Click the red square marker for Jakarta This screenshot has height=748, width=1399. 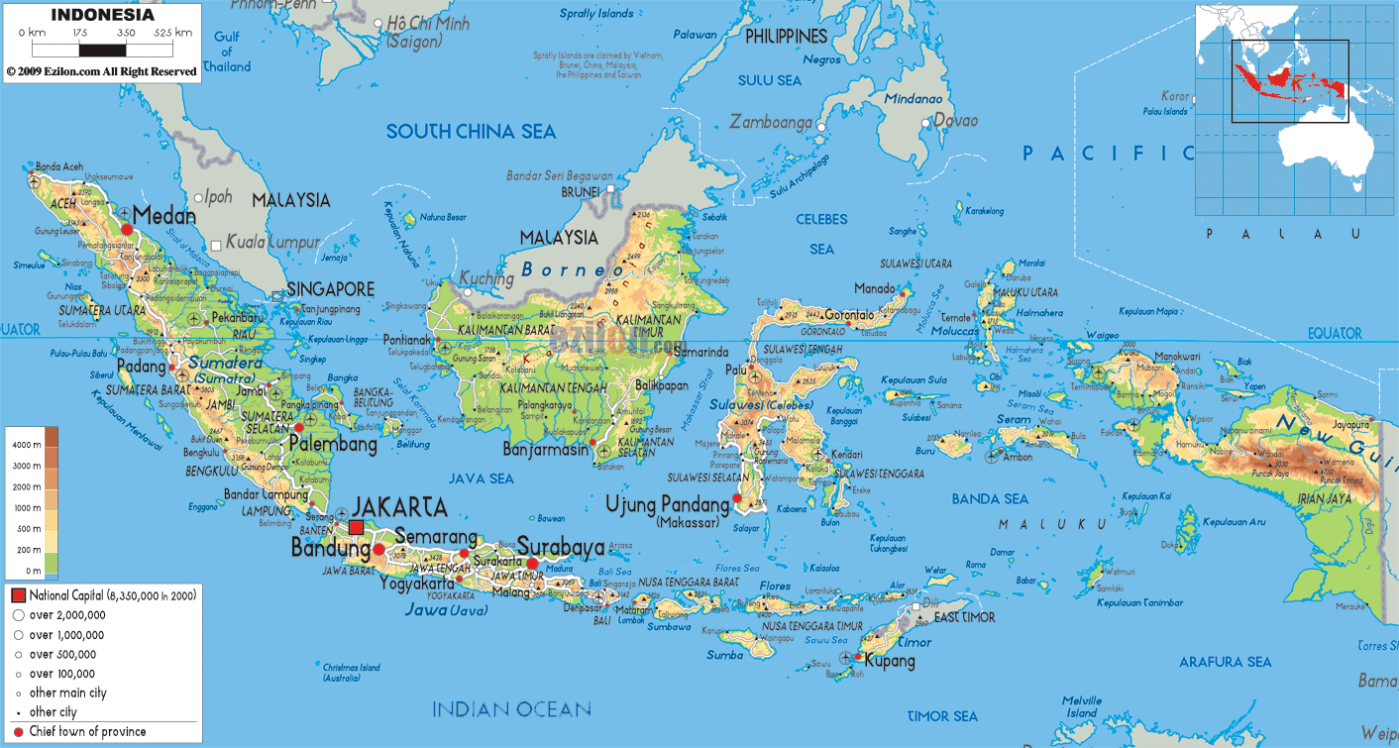coord(356,527)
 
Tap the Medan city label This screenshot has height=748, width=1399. coord(163,215)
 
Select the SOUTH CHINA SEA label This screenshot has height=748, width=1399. coord(471,132)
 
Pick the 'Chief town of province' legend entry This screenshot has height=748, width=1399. coord(87,731)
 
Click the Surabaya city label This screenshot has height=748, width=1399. coord(561,546)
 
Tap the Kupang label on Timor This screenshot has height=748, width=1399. coord(890,661)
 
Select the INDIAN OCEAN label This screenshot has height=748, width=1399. coord(511,708)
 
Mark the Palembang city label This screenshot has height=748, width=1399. coord(333,444)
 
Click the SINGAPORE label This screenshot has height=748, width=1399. coord(330,289)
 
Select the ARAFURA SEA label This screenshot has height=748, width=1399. coord(1225,662)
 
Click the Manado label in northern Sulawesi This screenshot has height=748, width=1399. coord(874,288)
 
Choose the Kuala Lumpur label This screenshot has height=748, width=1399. coord(272,242)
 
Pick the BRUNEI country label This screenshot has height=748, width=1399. coord(581,191)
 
